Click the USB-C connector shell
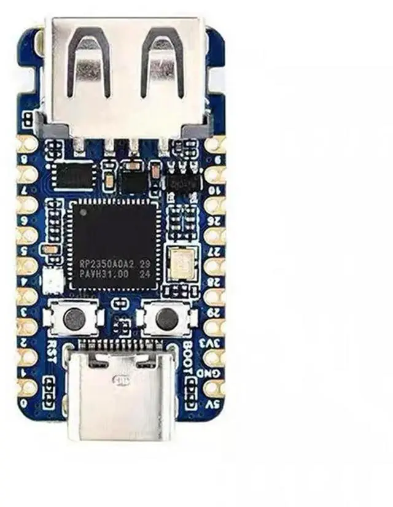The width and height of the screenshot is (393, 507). (122, 402)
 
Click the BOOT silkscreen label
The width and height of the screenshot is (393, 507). (189, 353)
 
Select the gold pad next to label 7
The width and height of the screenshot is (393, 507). (27, 206)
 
